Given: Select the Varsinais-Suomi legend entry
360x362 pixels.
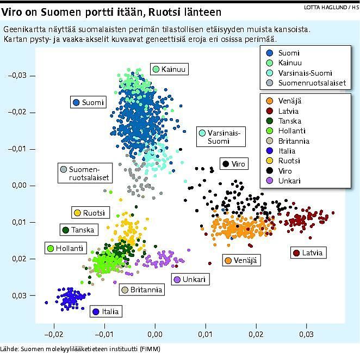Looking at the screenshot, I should [305, 73].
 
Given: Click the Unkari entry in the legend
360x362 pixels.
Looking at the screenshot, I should [289, 181].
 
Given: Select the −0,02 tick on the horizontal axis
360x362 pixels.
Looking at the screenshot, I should [53, 333].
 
